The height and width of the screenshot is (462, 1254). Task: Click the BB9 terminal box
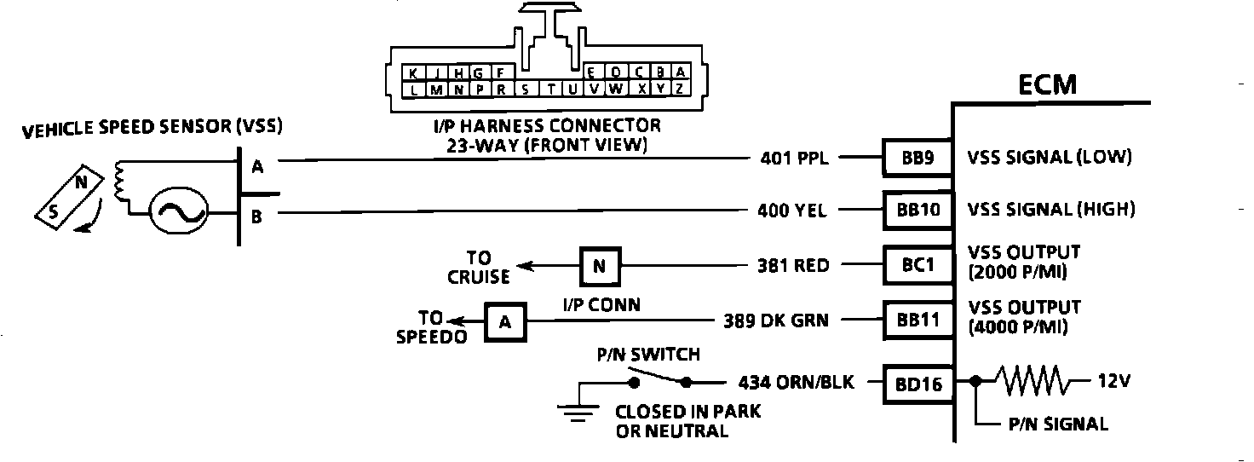click(916, 158)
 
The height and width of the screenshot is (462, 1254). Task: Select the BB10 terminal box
click(916, 210)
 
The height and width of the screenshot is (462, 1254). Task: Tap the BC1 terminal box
click(916, 265)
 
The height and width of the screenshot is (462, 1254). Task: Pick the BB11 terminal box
click(916, 321)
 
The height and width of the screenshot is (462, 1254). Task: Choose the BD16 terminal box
click(916, 384)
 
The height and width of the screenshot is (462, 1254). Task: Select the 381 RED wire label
click(793, 266)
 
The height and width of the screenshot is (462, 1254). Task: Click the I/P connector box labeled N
click(601, 265)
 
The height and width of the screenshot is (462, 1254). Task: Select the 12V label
click(1113, 383)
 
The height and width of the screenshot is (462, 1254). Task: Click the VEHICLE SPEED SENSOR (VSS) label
click(152, 129)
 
